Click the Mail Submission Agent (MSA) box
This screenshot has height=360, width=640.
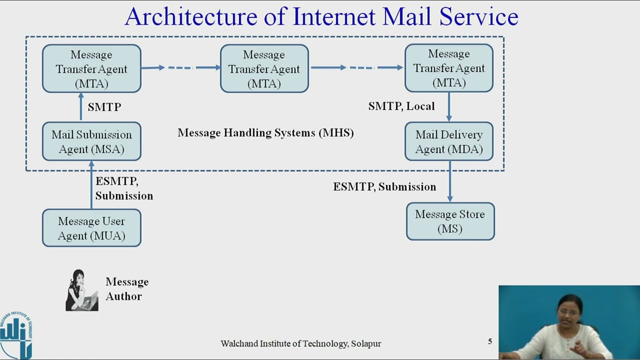point(91,141)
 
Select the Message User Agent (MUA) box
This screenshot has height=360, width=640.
point(91,228)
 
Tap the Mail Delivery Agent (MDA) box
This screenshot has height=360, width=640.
point(449,141)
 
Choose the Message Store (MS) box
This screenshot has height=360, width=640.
point(450,221)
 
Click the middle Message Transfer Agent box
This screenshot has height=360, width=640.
point(264,68)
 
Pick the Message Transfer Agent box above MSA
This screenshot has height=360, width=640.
point(91,68)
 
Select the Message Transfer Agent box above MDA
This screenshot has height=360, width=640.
point(449,68)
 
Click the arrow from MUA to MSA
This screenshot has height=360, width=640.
point(91,185)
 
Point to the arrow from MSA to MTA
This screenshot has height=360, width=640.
point(81,107)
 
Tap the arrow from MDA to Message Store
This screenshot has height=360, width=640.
point(450,181)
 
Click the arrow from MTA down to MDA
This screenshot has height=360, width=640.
point(449,107)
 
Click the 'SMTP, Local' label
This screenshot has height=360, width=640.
point(401,106)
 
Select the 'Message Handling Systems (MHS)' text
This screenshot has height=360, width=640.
point(265,132)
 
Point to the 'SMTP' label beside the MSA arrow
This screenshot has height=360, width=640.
point(104,107)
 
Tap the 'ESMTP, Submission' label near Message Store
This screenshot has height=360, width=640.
point(384,186)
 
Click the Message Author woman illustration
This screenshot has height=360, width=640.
point(81,290)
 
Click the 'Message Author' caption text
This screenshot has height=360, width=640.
point(126,289)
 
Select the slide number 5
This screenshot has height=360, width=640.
point(490,341)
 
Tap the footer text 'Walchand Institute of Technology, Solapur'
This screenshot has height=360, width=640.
point(300,343)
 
